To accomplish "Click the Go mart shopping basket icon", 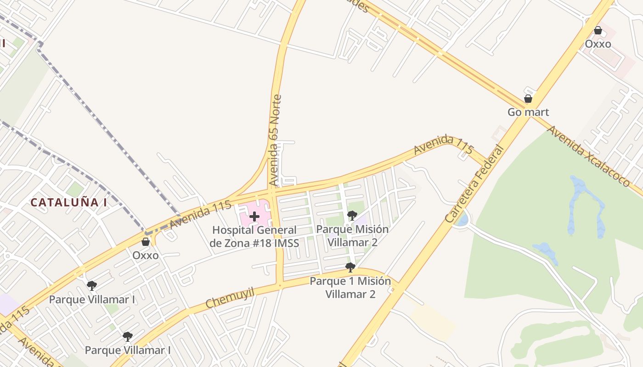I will tap(528, 99).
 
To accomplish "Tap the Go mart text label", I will tap(528, 112).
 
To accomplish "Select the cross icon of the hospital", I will tap(254, 216).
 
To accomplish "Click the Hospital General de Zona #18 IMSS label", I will tap(254, 236).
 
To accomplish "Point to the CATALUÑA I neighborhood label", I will tap(68, 202).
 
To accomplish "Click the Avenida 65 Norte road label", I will tap(275, 140).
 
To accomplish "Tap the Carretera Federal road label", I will tap(474, 184).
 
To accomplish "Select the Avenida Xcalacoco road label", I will tap(588, 156).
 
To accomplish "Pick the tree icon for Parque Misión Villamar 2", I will tap(352, 215).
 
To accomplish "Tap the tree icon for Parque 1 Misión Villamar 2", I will tap(350, 267).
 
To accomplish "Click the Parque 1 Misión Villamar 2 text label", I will tap(350, 287).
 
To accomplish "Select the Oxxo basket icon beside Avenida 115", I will tap(146, 242).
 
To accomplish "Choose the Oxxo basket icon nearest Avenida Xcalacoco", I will tap(598, 30).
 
